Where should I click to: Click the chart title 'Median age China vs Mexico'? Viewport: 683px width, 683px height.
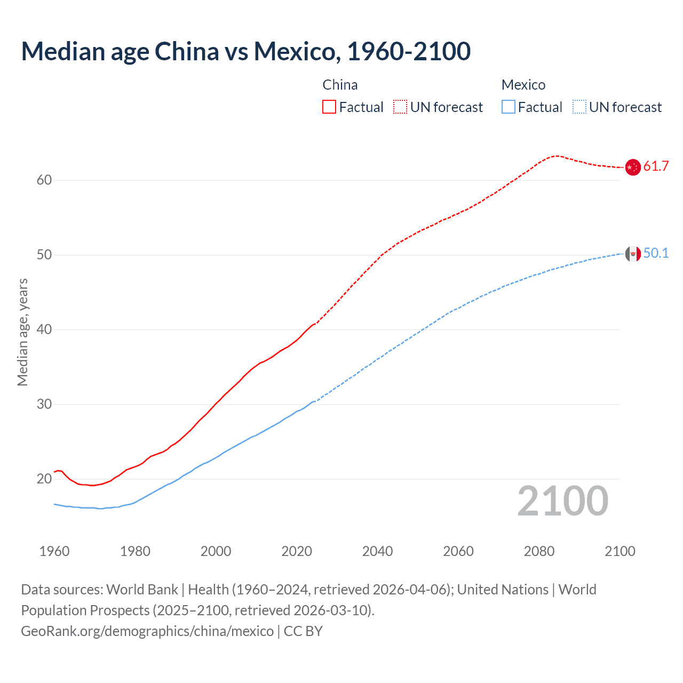[x=245, y=51]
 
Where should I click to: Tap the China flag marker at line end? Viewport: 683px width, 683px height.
[x=633, y=167]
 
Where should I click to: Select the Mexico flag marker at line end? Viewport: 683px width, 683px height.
[x=633, y=253]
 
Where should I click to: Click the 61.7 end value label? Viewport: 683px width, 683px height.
[x=656, y=166]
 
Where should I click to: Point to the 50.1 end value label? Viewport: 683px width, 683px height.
[x=656, y=253]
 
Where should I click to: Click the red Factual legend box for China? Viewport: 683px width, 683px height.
[x=329, y=107]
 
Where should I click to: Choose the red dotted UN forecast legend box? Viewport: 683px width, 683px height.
[x=400, y=107]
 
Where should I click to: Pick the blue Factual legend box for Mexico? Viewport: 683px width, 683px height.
[x=509, y=107]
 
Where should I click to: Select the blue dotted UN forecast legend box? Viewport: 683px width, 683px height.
[x=579, y=107]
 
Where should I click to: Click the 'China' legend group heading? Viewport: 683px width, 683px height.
[x=340, y=85]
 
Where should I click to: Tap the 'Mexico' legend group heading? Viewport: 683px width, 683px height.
[x=523, y=85]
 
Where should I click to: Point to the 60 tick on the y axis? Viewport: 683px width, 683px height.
[x=44, y=180]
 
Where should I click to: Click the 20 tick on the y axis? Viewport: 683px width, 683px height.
[x=44, y=479]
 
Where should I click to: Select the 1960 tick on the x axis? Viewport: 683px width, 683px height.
[x=54, y=551]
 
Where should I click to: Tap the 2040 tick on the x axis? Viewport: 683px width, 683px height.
[x=378, y=551]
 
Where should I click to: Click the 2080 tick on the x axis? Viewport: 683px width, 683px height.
[x=539, y=551]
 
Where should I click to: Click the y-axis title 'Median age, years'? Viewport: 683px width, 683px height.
[x=22, y=332]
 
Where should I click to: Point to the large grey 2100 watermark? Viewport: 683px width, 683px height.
[x=563, y=501]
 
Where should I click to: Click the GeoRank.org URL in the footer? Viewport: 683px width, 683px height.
[x=147, y=631]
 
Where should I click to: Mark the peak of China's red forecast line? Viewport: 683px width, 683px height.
[x=557, y=156]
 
